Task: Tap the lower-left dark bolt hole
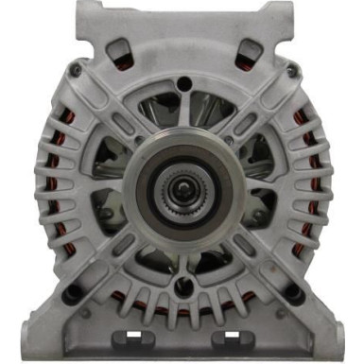point(69,296)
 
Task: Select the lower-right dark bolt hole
point(297,296)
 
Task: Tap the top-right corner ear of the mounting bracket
point(274,11)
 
